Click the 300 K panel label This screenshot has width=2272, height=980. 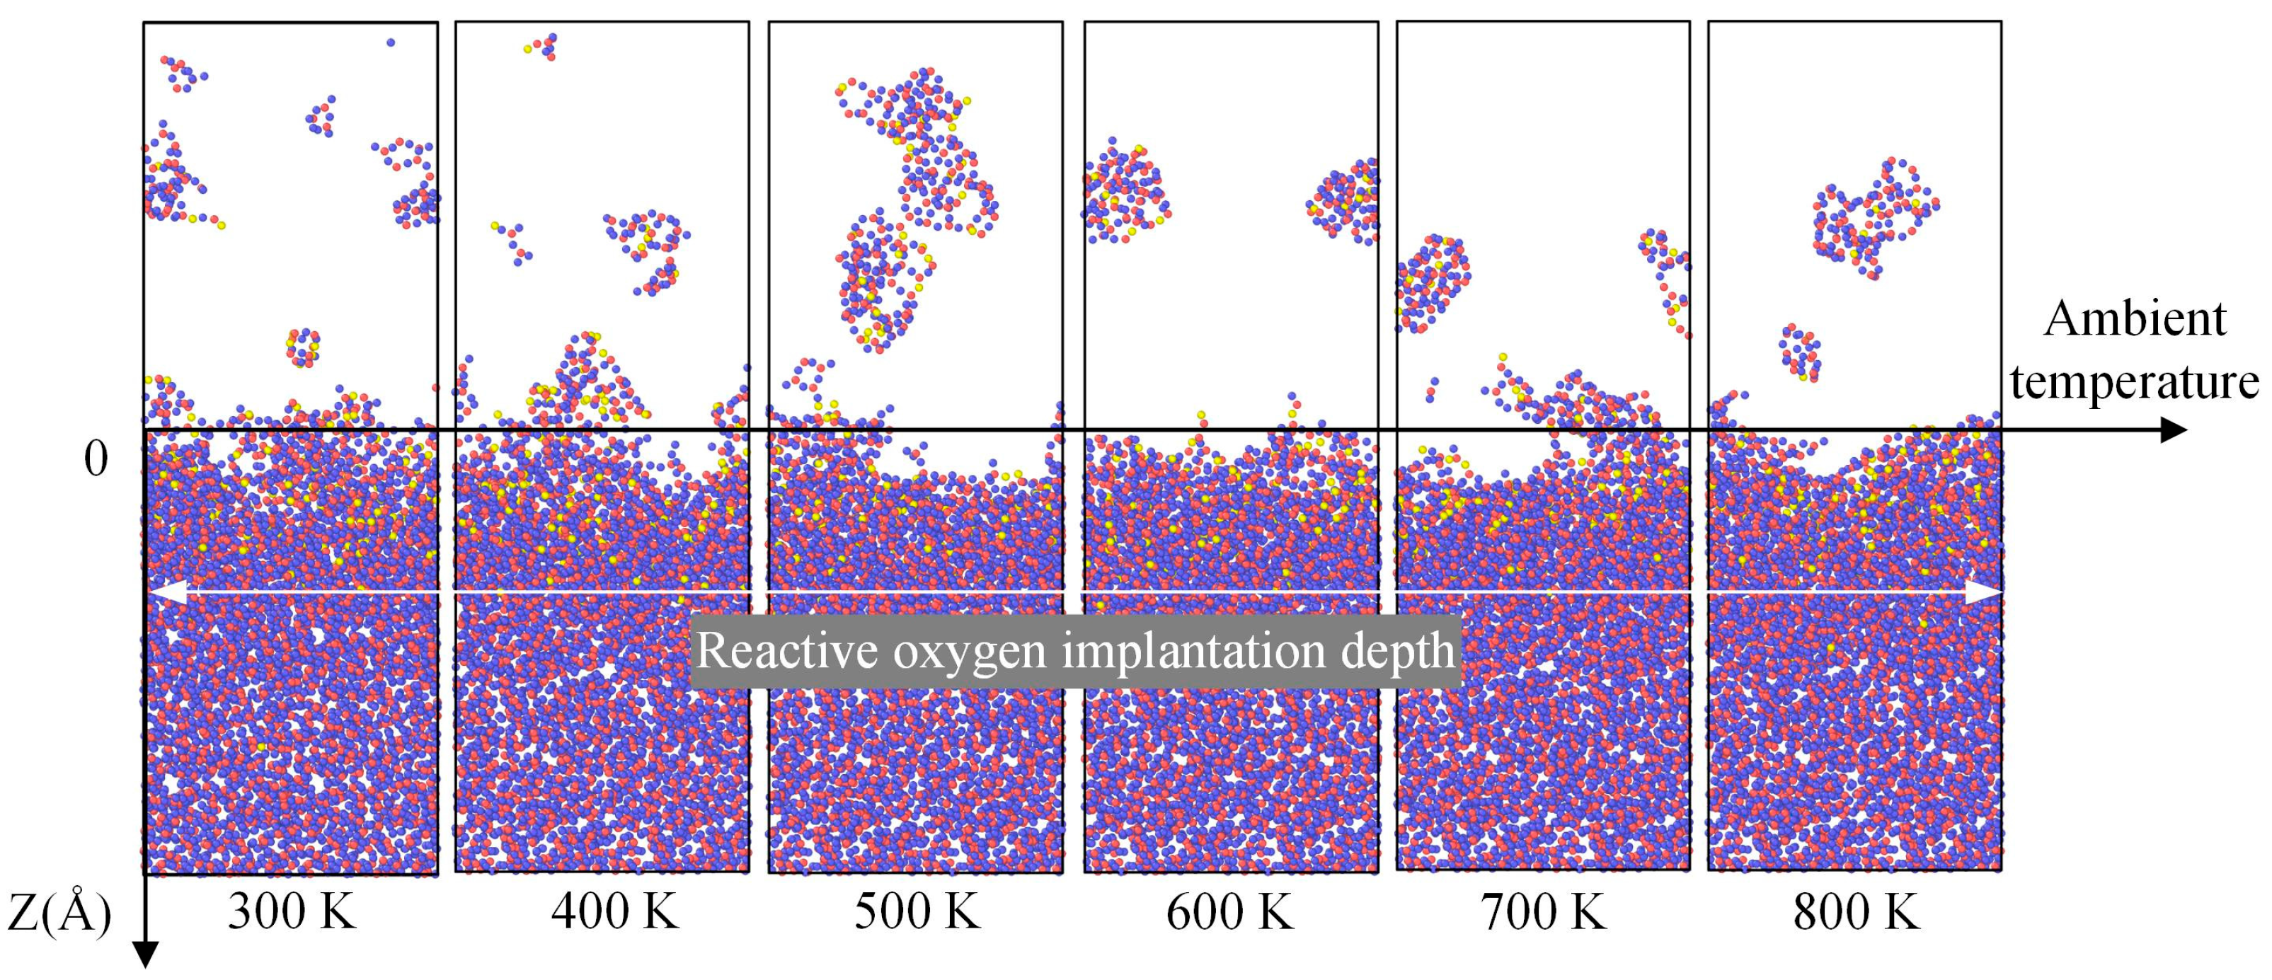pyautogui.click(x=291, y=912)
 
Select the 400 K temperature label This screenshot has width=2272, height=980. pyautogui.click(x=615, y=912)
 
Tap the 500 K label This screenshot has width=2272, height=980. pyautogui.click(x=917, y=912)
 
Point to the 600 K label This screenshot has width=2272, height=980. pyautogui.click(x=1229, y=912)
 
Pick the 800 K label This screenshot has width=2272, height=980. pyautogui.click(x=1856, y=912)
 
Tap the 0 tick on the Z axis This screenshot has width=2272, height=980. pyautogui.click(x=96, y=459)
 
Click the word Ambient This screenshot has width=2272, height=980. pyautogui.click(x=2135, y=319)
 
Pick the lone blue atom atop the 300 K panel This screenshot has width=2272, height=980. pyautogui.click(x=391, y=42)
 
